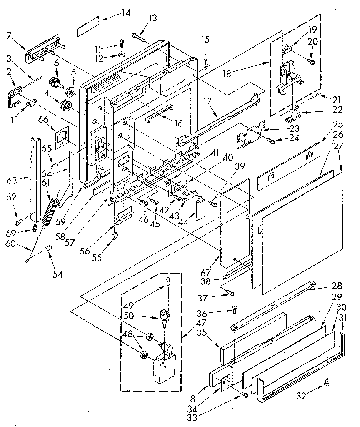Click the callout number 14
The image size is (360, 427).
[125, 13]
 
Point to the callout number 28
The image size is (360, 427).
[337, 286]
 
